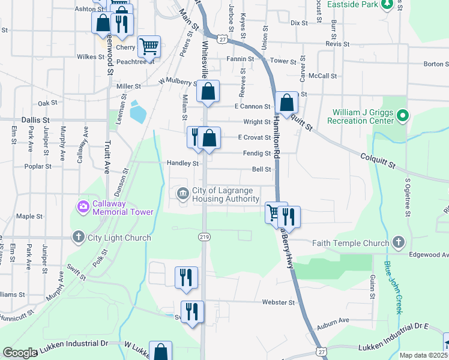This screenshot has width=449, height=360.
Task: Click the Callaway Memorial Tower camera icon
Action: (83, 207)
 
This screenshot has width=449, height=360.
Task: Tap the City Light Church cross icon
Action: (78, 238)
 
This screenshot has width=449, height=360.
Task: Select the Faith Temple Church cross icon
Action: (397, 242)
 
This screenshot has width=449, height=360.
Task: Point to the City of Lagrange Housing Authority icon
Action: (182, 193)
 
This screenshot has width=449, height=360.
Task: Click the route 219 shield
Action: (205, 238)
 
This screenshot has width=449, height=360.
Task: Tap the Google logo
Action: (20, 353)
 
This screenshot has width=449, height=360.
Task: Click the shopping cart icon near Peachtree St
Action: (149, 46)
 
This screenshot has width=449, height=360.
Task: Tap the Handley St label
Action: (182, 163)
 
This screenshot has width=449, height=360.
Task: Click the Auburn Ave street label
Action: (333, 320)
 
